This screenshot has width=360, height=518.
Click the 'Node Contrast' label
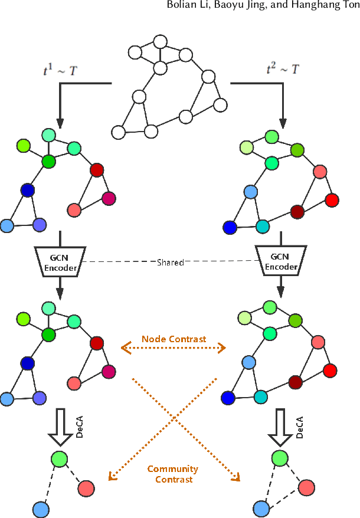click(174, 339)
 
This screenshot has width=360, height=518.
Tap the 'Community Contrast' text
click(173, 474)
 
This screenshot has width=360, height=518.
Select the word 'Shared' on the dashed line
click(170, 262)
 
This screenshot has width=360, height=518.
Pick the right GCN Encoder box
click(280, 261)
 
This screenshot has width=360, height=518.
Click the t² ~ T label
click(282, 70)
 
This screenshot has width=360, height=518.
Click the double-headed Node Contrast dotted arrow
click(174, 349)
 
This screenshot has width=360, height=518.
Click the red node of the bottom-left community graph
click(86, 488)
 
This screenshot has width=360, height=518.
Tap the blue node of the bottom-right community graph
click(261, 507)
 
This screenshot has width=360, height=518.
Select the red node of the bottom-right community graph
click(306, 487)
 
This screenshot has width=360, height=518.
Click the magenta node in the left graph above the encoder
click(108, 198)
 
